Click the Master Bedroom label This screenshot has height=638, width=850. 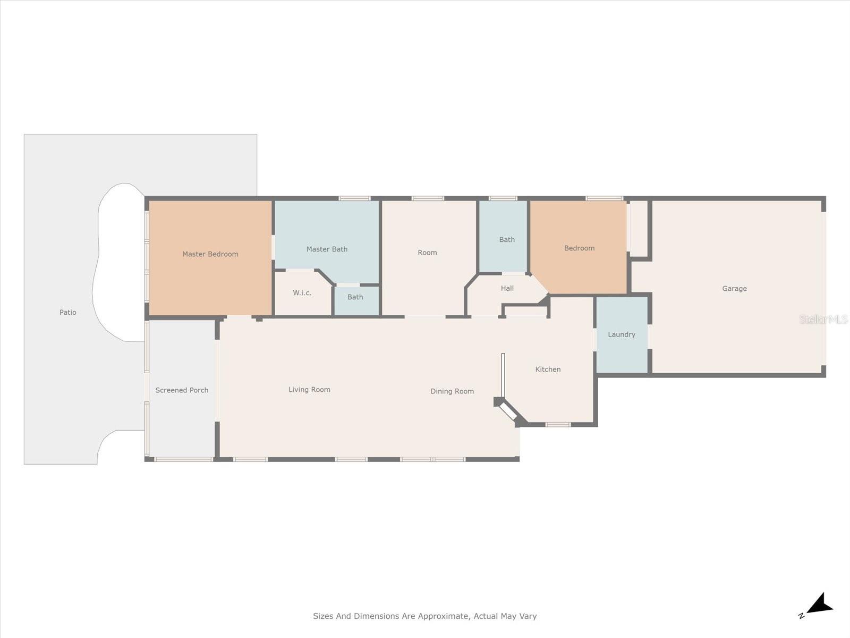pos(210,254)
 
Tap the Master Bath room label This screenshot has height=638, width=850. pos(327,249)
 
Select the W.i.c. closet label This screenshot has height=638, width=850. pos(302,293)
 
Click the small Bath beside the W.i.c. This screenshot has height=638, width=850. pos(355,297)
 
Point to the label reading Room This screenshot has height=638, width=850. pos(427,253)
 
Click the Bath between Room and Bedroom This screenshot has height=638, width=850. pos(507,240)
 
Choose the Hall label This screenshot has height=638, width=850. pos(507,288)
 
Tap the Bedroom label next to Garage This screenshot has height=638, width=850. pos(579,248)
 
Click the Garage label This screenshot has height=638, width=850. pos(734,289)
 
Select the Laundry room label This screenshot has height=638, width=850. pos(622,334)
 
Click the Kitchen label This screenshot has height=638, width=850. pos(548,370)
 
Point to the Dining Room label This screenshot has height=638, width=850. pos(452,391)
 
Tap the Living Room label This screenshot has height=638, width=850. pos(309,390)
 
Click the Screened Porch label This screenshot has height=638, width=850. pos(182,390)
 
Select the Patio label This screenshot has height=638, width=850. pos(67,313)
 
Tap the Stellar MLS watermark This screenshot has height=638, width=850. pos(823,320)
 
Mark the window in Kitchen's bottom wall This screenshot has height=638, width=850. pos(558,424)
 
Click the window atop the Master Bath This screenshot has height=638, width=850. pos(354,198)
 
